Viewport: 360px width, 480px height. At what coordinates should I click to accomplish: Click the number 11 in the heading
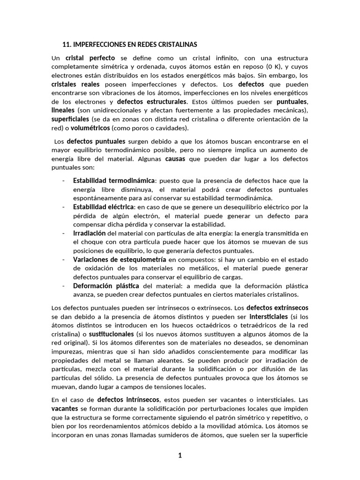point(66,45)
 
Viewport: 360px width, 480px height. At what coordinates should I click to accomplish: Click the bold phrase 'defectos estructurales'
point(151,101)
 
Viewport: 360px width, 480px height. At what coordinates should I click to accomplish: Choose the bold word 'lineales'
point(64,110)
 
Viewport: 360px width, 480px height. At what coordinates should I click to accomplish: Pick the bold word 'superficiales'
point(70,119)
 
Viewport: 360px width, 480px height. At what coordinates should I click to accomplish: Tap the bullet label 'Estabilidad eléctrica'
point(103,207)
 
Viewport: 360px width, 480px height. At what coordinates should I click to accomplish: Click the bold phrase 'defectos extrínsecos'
point(278,308)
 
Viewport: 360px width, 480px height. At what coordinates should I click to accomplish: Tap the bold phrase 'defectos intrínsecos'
point(128,400)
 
